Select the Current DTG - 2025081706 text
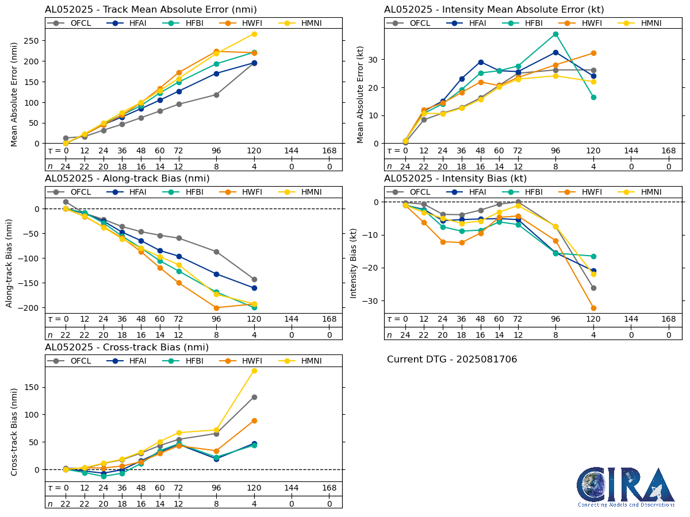(x=452, y=360)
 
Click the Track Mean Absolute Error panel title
(x=151, y=10)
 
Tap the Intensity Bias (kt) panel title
(x=455, y=179)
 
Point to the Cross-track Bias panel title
(x=126, y=348)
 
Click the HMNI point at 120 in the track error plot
(x=254, y=34)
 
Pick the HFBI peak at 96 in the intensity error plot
(x=555, y=34)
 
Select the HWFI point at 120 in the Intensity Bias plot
(x=593, y=308)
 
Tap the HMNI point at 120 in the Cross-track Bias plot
(x=254, y=371)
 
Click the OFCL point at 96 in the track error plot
(x=216, y=95)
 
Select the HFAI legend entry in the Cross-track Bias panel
(x=126, y=361)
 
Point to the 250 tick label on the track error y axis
(x=32, y=41)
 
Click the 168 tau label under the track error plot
(x=329, y=151)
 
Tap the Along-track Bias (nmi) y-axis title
(x=10, y=262)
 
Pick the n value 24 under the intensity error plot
(x=405, y=167)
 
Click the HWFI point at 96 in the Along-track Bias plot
(x=216, y=308)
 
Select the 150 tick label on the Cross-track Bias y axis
(x=32, y=388)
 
